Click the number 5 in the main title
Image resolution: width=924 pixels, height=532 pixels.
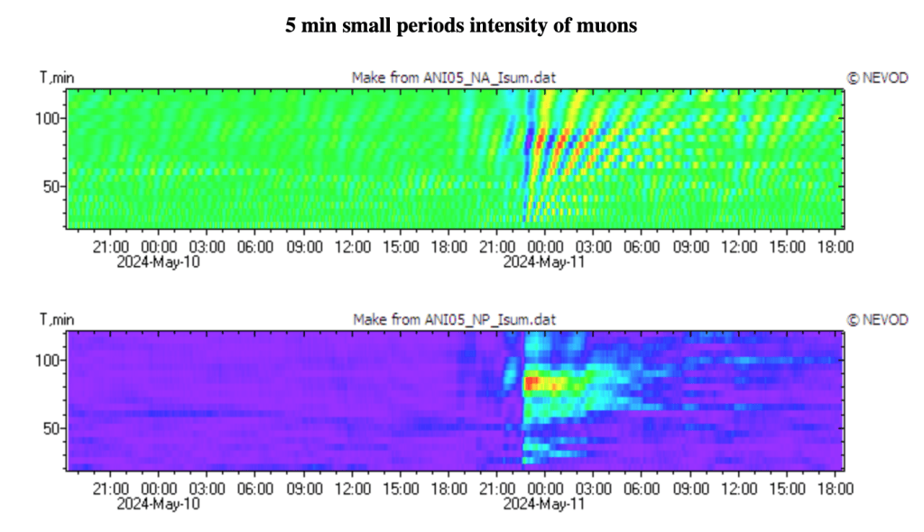point(291,26)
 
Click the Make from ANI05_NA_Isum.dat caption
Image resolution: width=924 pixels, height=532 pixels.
point(454,78)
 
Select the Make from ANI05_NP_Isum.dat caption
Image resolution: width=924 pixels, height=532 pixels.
point(455,319)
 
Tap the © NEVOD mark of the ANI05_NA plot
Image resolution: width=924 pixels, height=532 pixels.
point(877,78)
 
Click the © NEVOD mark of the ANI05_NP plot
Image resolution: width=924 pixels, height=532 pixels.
point(877,319)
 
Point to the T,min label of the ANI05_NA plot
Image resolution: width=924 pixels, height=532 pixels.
point(57,78)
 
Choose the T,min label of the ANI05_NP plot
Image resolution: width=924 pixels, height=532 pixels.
point(57,319)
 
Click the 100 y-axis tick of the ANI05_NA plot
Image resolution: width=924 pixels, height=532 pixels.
point(47,118)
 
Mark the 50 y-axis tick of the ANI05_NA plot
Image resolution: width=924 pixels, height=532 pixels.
point(51,187)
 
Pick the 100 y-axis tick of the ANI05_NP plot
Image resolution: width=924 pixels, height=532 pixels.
point(47,360)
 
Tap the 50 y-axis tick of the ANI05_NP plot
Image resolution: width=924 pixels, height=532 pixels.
point(51,428)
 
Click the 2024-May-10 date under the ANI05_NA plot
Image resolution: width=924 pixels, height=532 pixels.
point(159,261)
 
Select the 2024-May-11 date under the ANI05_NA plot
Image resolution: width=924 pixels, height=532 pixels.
point(544,261)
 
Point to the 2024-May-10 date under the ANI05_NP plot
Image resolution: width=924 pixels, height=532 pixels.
point(159,504)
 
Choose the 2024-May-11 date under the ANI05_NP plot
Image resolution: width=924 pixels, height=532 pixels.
point(544,504)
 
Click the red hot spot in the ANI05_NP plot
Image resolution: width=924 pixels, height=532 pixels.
point(531,383)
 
